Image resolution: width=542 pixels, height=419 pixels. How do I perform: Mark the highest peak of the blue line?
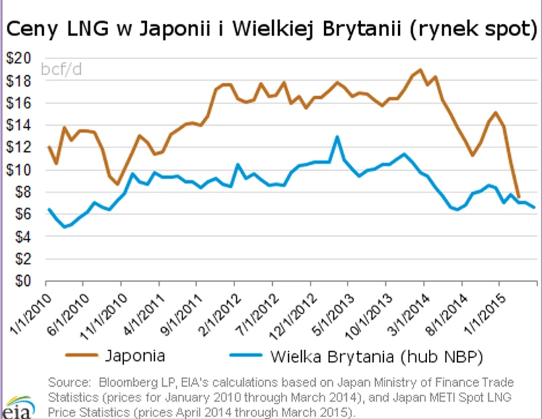(337, 137)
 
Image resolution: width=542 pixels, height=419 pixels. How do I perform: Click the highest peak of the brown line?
(421, 69)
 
